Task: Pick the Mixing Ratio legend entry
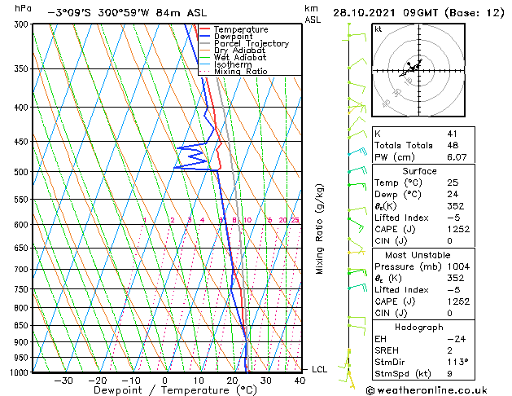240,72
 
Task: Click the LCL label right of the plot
320,369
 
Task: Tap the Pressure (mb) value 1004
457,266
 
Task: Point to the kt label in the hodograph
379,29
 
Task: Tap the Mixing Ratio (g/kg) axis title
321,229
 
